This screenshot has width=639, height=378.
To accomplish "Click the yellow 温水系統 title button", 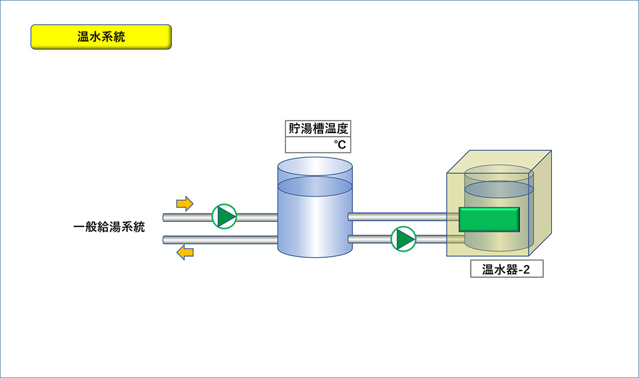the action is click(x=101, y=37).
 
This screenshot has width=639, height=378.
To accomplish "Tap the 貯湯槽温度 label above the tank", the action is click(x=318, y=129).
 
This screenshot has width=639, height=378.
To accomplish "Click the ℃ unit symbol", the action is click(x=340, y=144).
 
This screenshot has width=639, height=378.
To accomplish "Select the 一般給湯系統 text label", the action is click(x=109, y=227).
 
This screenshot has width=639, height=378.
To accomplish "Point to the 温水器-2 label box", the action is click(x=506, y=269).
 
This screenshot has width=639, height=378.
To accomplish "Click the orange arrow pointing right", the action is click(x=184, y=203).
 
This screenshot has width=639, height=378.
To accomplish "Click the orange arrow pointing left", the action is click(x=184, y=253).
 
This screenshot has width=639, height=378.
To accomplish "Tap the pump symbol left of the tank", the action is click(x=224, y=216).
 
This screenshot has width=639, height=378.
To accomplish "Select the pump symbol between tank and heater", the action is click(x=403, y=239).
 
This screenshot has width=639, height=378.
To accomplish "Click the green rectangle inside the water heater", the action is click(x=489, y=219).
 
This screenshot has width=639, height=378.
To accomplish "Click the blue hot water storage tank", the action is click(x=315, y=212).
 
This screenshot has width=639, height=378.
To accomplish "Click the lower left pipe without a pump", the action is click(x=220, y=240).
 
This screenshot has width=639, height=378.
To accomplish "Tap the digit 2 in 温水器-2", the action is click(x=526, y=269).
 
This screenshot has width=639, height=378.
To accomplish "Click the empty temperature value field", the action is click(x=318, y=144).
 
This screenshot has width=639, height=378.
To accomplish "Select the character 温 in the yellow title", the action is click(x=83, y=37).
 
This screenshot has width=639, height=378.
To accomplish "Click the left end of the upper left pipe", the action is click(x=164, y=217).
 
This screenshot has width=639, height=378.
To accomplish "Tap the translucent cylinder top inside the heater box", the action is click(x=499, y=172).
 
